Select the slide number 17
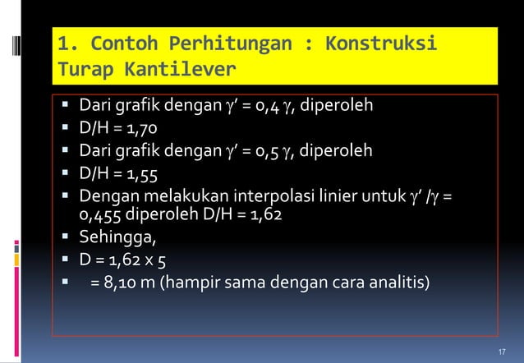[x=503, y=352]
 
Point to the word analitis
[x=398, y=285]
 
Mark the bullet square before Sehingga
[x=64, y=240]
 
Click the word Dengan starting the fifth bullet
[x=105, y=197]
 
